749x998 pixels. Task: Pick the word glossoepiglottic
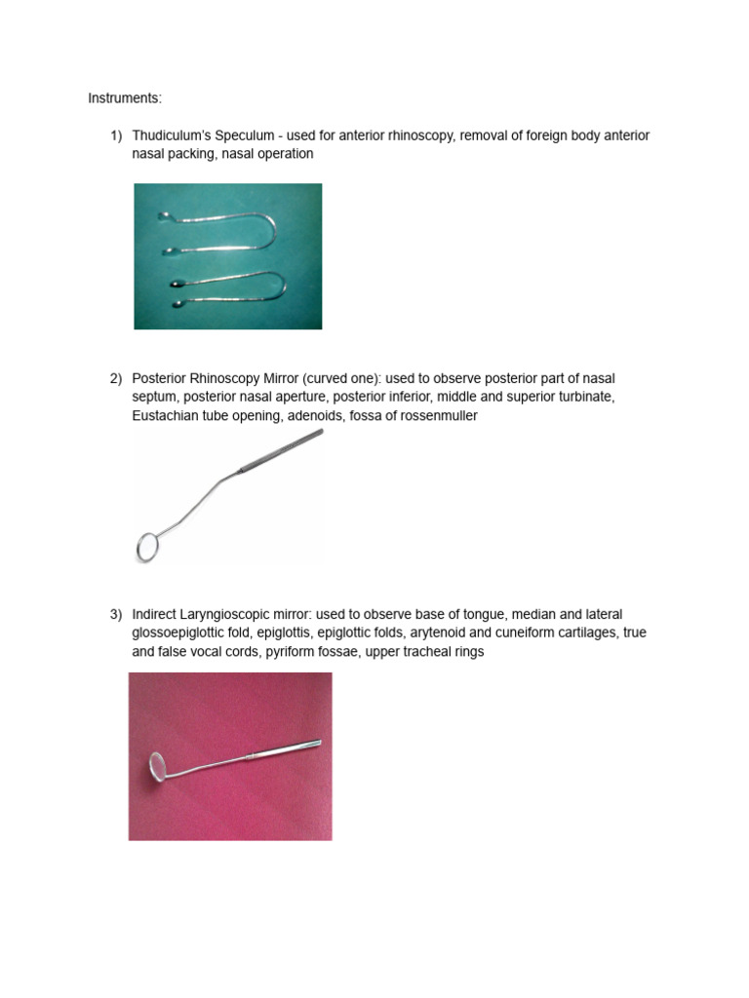click(x=183, y=633)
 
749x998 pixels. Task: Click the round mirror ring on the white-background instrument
click(x=148, y=547)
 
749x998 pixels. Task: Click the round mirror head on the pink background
click(x=158, y=765)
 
